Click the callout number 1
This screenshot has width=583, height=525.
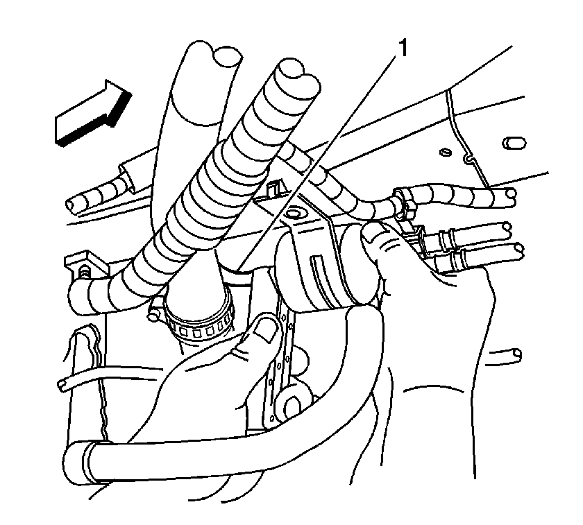tap(403, 49)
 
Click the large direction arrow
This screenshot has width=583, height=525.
tap(94, 113)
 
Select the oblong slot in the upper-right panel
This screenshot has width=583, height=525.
tap(514, 143)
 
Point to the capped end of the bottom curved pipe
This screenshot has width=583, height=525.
tap(76, 463)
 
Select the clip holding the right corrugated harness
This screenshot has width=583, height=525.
tap(405, 203)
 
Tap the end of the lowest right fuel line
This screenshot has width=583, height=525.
tap(518, 251)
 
